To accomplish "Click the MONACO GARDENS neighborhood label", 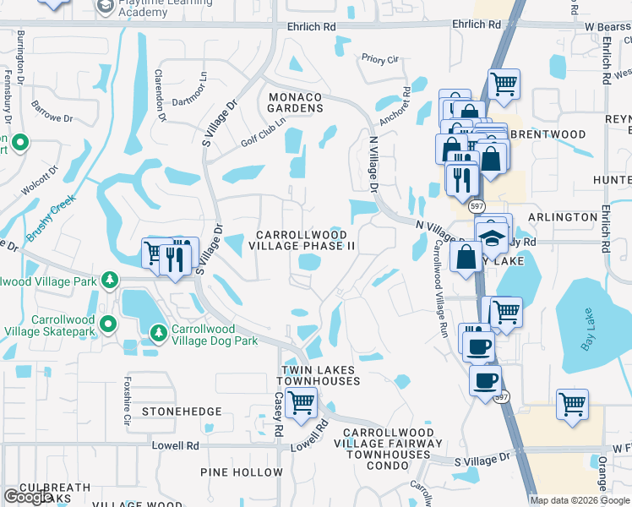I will click(x=296, y=103).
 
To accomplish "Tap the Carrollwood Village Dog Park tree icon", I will click(x=158, y=334).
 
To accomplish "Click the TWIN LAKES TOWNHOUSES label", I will click(x=320, y=376).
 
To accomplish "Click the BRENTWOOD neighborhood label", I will click(x=548, y=134).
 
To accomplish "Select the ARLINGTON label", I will click(x=563, y=217).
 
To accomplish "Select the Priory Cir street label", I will click(x=379, y=60).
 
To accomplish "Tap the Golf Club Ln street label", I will click(x=263, y=132).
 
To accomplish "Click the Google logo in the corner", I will click(x=28, y=497).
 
